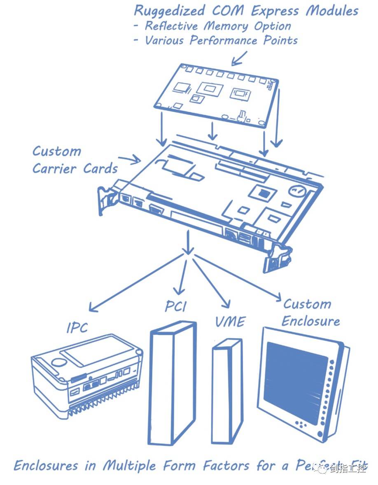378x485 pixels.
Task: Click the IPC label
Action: pyautogui.click(x=77, y=327)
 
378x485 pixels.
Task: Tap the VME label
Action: pyautogui.click(x=230, y=321)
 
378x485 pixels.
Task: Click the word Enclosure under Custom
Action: pyautogui.click(x=311, y=321)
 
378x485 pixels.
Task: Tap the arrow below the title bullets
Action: pyautogui.click(x=240, y=58)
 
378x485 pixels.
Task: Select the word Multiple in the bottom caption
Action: pyautogui.click(x=129, y=466)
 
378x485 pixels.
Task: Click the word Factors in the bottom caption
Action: pyautogui.click(x=226, y=466)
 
